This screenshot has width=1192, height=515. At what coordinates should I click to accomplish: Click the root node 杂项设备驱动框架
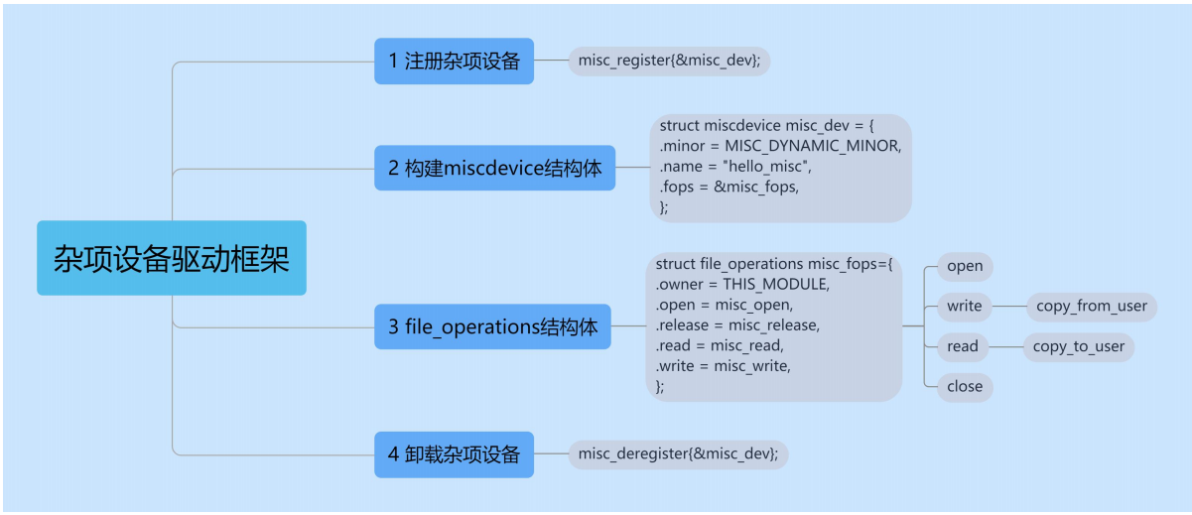(172, 258)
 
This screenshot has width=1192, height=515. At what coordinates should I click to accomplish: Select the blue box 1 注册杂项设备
(454, 62)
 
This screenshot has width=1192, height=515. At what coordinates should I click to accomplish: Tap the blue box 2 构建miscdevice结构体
(494, 168)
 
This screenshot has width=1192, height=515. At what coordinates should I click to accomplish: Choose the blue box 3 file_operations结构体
(492, 326)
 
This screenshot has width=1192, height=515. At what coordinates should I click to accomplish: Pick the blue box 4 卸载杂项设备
(454, 454)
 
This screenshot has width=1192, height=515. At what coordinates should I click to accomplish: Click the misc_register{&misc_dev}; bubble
(669, 62)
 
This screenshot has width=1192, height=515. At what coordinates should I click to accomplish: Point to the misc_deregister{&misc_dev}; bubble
(678, 454)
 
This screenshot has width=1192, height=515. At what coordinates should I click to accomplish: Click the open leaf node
(965, 266)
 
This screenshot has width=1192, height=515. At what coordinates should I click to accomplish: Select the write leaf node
(964, 306)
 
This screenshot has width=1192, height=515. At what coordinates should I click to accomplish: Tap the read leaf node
(962, 346)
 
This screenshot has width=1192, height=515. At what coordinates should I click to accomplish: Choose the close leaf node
(965, 387)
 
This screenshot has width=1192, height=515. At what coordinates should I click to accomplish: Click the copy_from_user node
(1091, 306)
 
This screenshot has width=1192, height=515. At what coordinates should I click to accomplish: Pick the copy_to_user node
(1078, 346)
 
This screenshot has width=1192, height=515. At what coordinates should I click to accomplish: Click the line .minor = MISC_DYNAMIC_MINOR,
(780, 146)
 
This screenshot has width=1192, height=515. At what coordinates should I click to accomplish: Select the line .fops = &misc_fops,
(728, 187)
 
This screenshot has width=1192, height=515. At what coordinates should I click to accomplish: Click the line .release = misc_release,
(737, 325)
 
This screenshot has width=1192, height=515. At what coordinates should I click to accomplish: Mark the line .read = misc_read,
(720, 345)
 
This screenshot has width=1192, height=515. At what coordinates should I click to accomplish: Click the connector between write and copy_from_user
(1008, 306)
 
